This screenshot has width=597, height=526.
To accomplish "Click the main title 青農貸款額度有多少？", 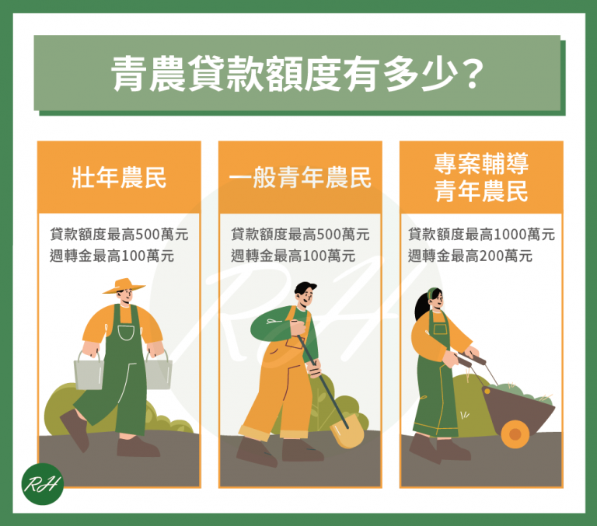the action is coord(298,75).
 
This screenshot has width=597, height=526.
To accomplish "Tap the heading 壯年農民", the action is coord(119,177).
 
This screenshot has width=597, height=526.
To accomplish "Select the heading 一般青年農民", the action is coord(300,177).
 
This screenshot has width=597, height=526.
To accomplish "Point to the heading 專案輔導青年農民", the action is coord(481,177).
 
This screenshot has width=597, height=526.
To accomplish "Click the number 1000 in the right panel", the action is coord(510,235).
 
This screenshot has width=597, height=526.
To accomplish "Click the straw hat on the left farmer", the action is coord(124,286).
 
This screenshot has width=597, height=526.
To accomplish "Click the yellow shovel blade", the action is coord(347,431).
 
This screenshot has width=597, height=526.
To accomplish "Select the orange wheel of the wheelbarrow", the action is coord(515,434).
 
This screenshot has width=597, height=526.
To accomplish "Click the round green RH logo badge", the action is coord(42,484).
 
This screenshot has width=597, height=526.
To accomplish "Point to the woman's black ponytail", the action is coord(422,307).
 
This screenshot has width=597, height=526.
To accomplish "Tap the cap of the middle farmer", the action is coord(305,287).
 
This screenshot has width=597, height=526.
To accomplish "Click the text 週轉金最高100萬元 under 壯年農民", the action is coord(112,256).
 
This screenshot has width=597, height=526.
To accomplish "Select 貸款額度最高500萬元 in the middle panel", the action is coord(300,235).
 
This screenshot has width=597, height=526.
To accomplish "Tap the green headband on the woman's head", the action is coord(432,293).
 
